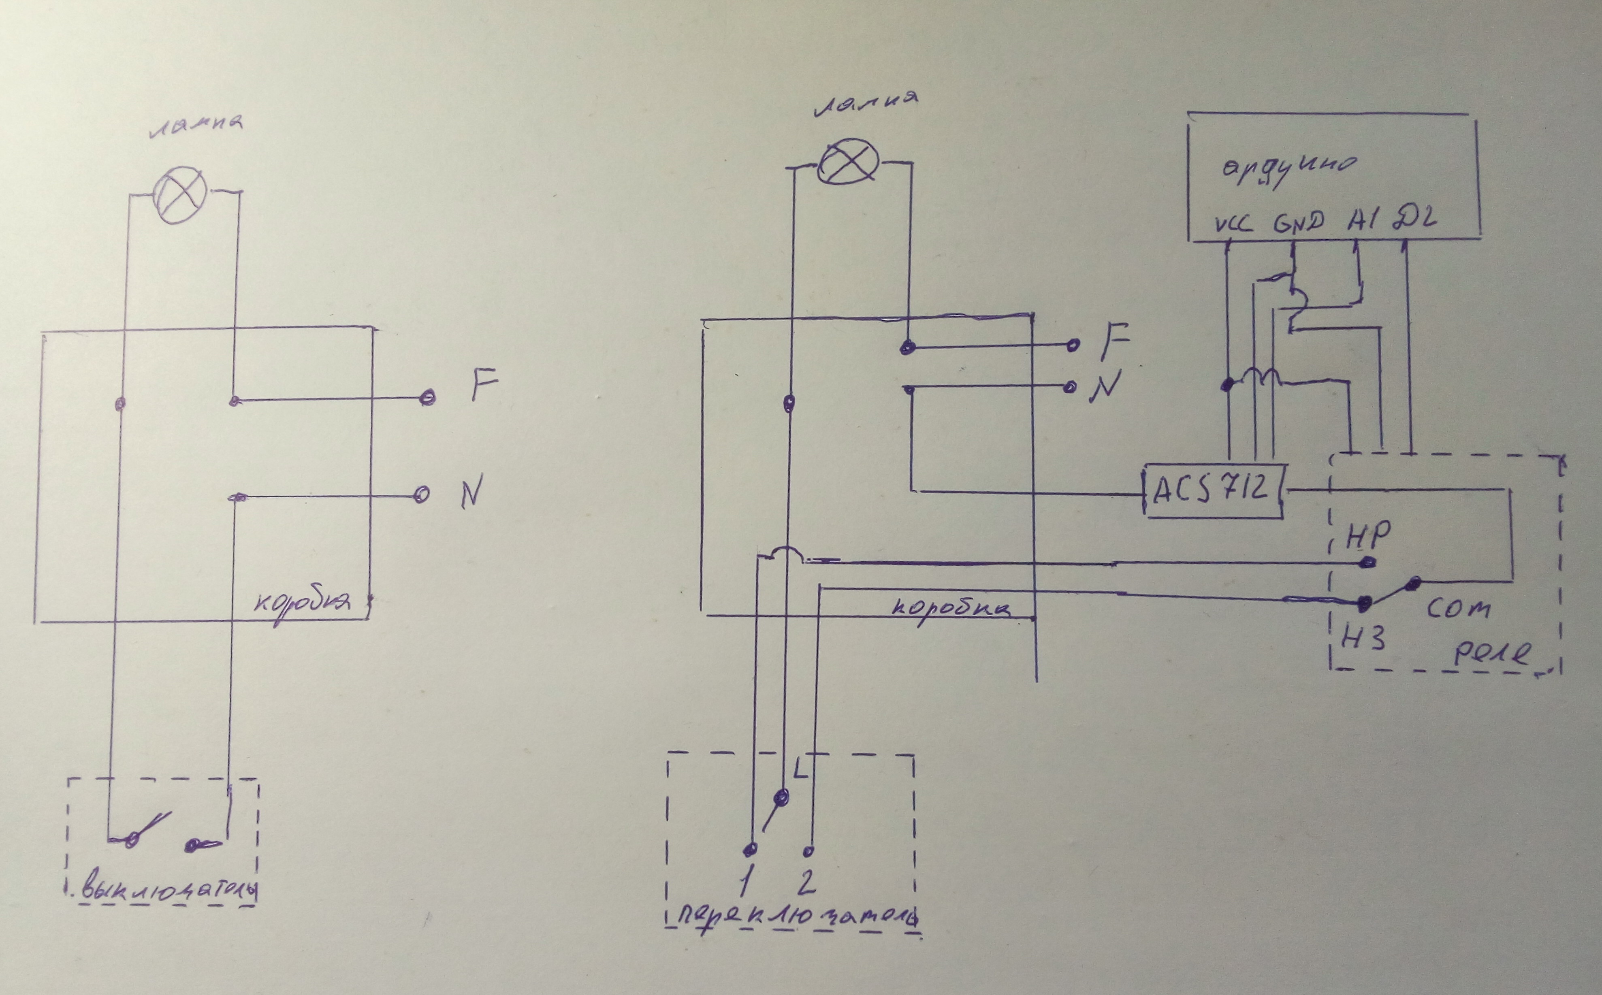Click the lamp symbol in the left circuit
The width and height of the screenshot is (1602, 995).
pyautogui.click(x=179, y=191)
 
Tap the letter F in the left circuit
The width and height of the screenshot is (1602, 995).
pyautogui.click(x=484, y=389)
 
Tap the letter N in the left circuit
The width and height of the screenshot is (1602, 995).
pyautogui.click(x=471, y=492)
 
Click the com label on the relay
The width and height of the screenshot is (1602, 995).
pyautogui.click(x=1458, y=609)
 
